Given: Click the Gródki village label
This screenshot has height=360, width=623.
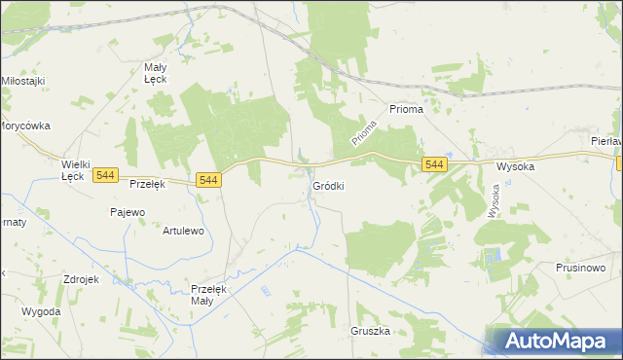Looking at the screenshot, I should tap(327, 185).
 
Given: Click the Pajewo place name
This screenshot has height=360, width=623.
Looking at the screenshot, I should tap(128, 211).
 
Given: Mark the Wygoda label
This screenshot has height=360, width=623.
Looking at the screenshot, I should tap(41, 311).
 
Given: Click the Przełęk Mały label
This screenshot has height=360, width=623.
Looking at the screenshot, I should tap(208, 295).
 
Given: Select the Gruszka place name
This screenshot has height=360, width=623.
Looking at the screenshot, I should tap(370, 331).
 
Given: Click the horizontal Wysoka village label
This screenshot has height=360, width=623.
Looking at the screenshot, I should tap(516, 166).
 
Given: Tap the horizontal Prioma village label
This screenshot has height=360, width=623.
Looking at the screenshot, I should tap(406, 110).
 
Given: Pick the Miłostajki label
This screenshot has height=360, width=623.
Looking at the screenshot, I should tap(24, 80).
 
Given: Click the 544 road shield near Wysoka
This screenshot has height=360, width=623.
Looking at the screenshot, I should tap(435, 165).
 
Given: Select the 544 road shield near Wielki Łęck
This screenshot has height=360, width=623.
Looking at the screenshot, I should tap(106, 175).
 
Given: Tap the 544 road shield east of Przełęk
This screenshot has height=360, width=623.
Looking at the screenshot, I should tap(208, 180).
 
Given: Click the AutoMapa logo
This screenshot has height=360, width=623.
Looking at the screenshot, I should tap(552, 342).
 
